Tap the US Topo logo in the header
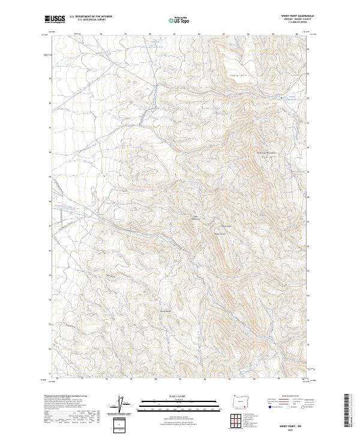(x=180, y=20)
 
